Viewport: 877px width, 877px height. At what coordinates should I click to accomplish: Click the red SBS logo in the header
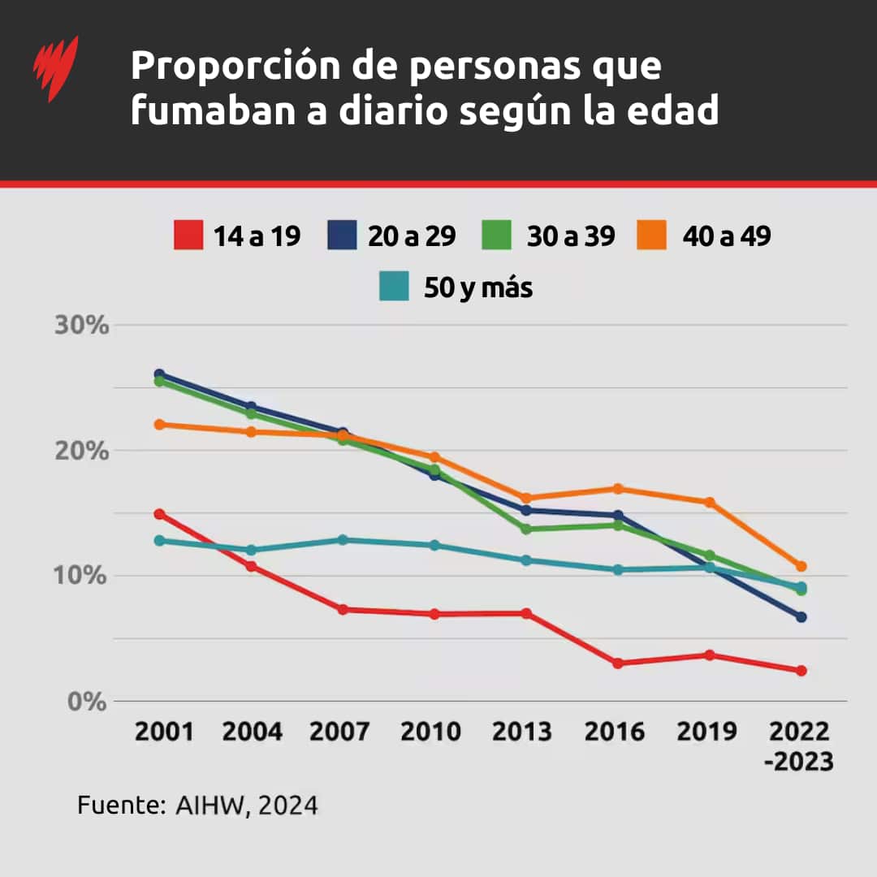55,68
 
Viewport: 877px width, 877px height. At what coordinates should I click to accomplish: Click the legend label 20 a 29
412,236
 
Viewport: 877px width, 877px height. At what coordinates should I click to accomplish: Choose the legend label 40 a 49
727,236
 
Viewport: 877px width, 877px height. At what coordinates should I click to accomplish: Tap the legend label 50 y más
478,287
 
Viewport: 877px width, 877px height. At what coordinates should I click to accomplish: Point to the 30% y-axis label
81,326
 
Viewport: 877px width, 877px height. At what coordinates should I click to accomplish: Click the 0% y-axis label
87,702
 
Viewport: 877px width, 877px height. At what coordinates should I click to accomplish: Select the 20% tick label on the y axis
81,451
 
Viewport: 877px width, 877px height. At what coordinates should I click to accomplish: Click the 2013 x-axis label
522,732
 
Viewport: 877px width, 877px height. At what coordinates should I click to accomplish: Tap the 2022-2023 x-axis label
801,746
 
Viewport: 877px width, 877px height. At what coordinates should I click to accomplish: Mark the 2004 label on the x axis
253,732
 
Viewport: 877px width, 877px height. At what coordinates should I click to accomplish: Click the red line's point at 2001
160,514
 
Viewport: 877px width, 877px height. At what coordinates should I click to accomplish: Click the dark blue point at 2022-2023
801,617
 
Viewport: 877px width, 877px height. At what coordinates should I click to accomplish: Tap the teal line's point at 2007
343,540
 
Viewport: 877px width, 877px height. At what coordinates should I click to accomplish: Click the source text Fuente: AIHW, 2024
197,806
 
